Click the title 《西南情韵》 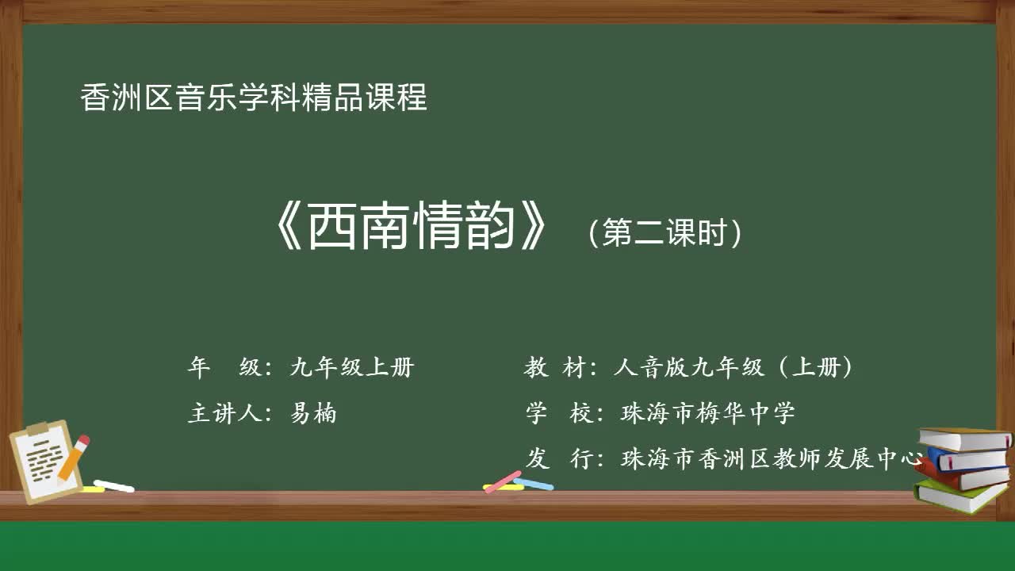pos(410,229)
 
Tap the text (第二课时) pos(665,233)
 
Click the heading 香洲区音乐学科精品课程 pos(254,98)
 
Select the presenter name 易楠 pos(313,413)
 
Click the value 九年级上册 pos(351,367)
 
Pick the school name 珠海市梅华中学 pos(707,413)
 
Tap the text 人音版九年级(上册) pos(733,367)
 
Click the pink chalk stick pos(503,481)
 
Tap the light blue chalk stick pos(534,484)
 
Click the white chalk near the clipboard pos(114,485)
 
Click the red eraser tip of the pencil pos(83,441)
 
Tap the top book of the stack pos(964,437)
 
